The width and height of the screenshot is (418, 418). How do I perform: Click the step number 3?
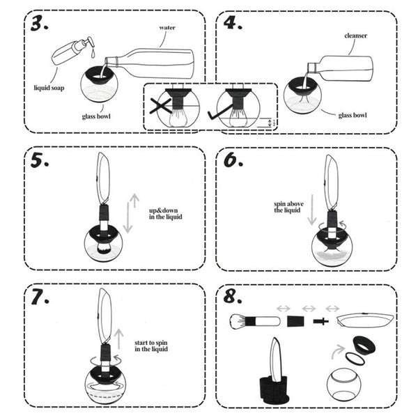40,24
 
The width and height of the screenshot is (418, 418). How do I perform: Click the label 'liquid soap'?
50,88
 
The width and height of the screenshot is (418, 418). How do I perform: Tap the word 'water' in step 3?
167,27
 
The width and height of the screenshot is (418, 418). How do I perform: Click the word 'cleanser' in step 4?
355,34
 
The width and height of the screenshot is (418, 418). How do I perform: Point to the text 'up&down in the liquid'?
165,214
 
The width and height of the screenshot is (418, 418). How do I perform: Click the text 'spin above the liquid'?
287,208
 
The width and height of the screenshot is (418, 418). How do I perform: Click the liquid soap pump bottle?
72,50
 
